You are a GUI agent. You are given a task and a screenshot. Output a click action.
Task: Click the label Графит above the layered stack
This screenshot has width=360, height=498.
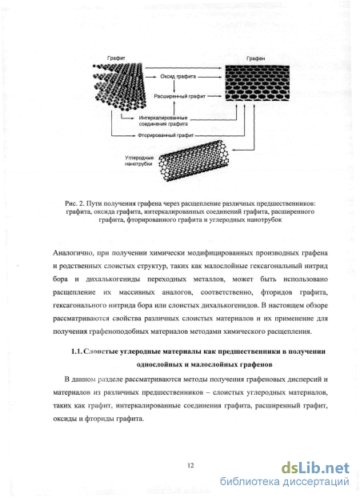coord(116,58)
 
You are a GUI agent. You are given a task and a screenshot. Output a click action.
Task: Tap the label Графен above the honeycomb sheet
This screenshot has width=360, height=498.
coord(255,58)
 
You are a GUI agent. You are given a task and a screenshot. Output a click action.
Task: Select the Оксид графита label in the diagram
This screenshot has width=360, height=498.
coord(178,77)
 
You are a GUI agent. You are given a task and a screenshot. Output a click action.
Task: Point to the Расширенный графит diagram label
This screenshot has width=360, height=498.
coord(180,96)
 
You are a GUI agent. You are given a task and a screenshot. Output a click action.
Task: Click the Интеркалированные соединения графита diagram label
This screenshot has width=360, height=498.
coord(163,121)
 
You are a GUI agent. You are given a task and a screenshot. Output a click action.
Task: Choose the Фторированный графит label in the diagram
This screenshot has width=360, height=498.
coord(166,135)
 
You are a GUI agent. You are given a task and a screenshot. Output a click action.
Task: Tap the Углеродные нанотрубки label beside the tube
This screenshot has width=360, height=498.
coord(138,161)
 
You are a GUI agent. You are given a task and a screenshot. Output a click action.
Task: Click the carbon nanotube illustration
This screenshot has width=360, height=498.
coord(194,160)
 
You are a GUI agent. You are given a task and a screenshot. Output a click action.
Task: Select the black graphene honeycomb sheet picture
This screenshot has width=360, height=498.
coord(258,83)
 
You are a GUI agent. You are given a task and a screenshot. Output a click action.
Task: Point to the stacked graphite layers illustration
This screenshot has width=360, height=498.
coord(119,86)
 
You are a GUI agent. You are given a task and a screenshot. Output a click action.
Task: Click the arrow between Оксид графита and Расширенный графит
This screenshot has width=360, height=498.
coord(174,86)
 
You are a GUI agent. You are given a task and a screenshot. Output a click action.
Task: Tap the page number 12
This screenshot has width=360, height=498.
coord(190,466)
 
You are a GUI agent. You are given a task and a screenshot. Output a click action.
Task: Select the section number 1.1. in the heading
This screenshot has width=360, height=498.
coord(77,351)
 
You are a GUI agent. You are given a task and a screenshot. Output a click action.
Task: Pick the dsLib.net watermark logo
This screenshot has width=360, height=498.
coord(315,468)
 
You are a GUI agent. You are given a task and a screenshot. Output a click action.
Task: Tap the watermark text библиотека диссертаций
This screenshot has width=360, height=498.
coord(285,481)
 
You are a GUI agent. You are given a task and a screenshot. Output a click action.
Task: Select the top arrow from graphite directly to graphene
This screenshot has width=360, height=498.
coord(184,67)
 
